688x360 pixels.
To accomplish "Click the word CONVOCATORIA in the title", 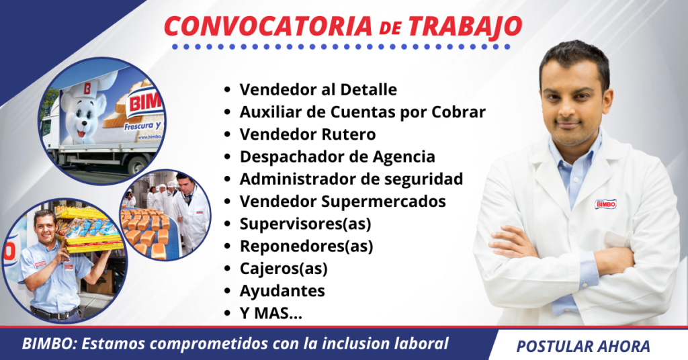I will (267, 26).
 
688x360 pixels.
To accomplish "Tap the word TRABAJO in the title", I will (465, 26).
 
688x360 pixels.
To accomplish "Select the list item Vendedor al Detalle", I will (318, 89).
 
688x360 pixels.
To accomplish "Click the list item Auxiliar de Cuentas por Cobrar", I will (362, 111).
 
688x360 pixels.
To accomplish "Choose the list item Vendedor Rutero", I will (307, 134).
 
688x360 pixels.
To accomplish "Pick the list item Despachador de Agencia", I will (337, 156).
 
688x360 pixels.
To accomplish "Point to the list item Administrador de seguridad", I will (351, 179).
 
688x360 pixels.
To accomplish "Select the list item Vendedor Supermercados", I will (343, 201).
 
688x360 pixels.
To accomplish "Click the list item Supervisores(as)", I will (305, 223).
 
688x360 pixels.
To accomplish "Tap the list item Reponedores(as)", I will (306, 246).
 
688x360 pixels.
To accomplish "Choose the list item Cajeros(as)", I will (283, 268).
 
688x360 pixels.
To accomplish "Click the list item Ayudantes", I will (282, 291).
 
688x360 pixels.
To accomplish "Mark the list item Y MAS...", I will (271, 313).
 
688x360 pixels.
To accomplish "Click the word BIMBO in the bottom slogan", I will (46, 344).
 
